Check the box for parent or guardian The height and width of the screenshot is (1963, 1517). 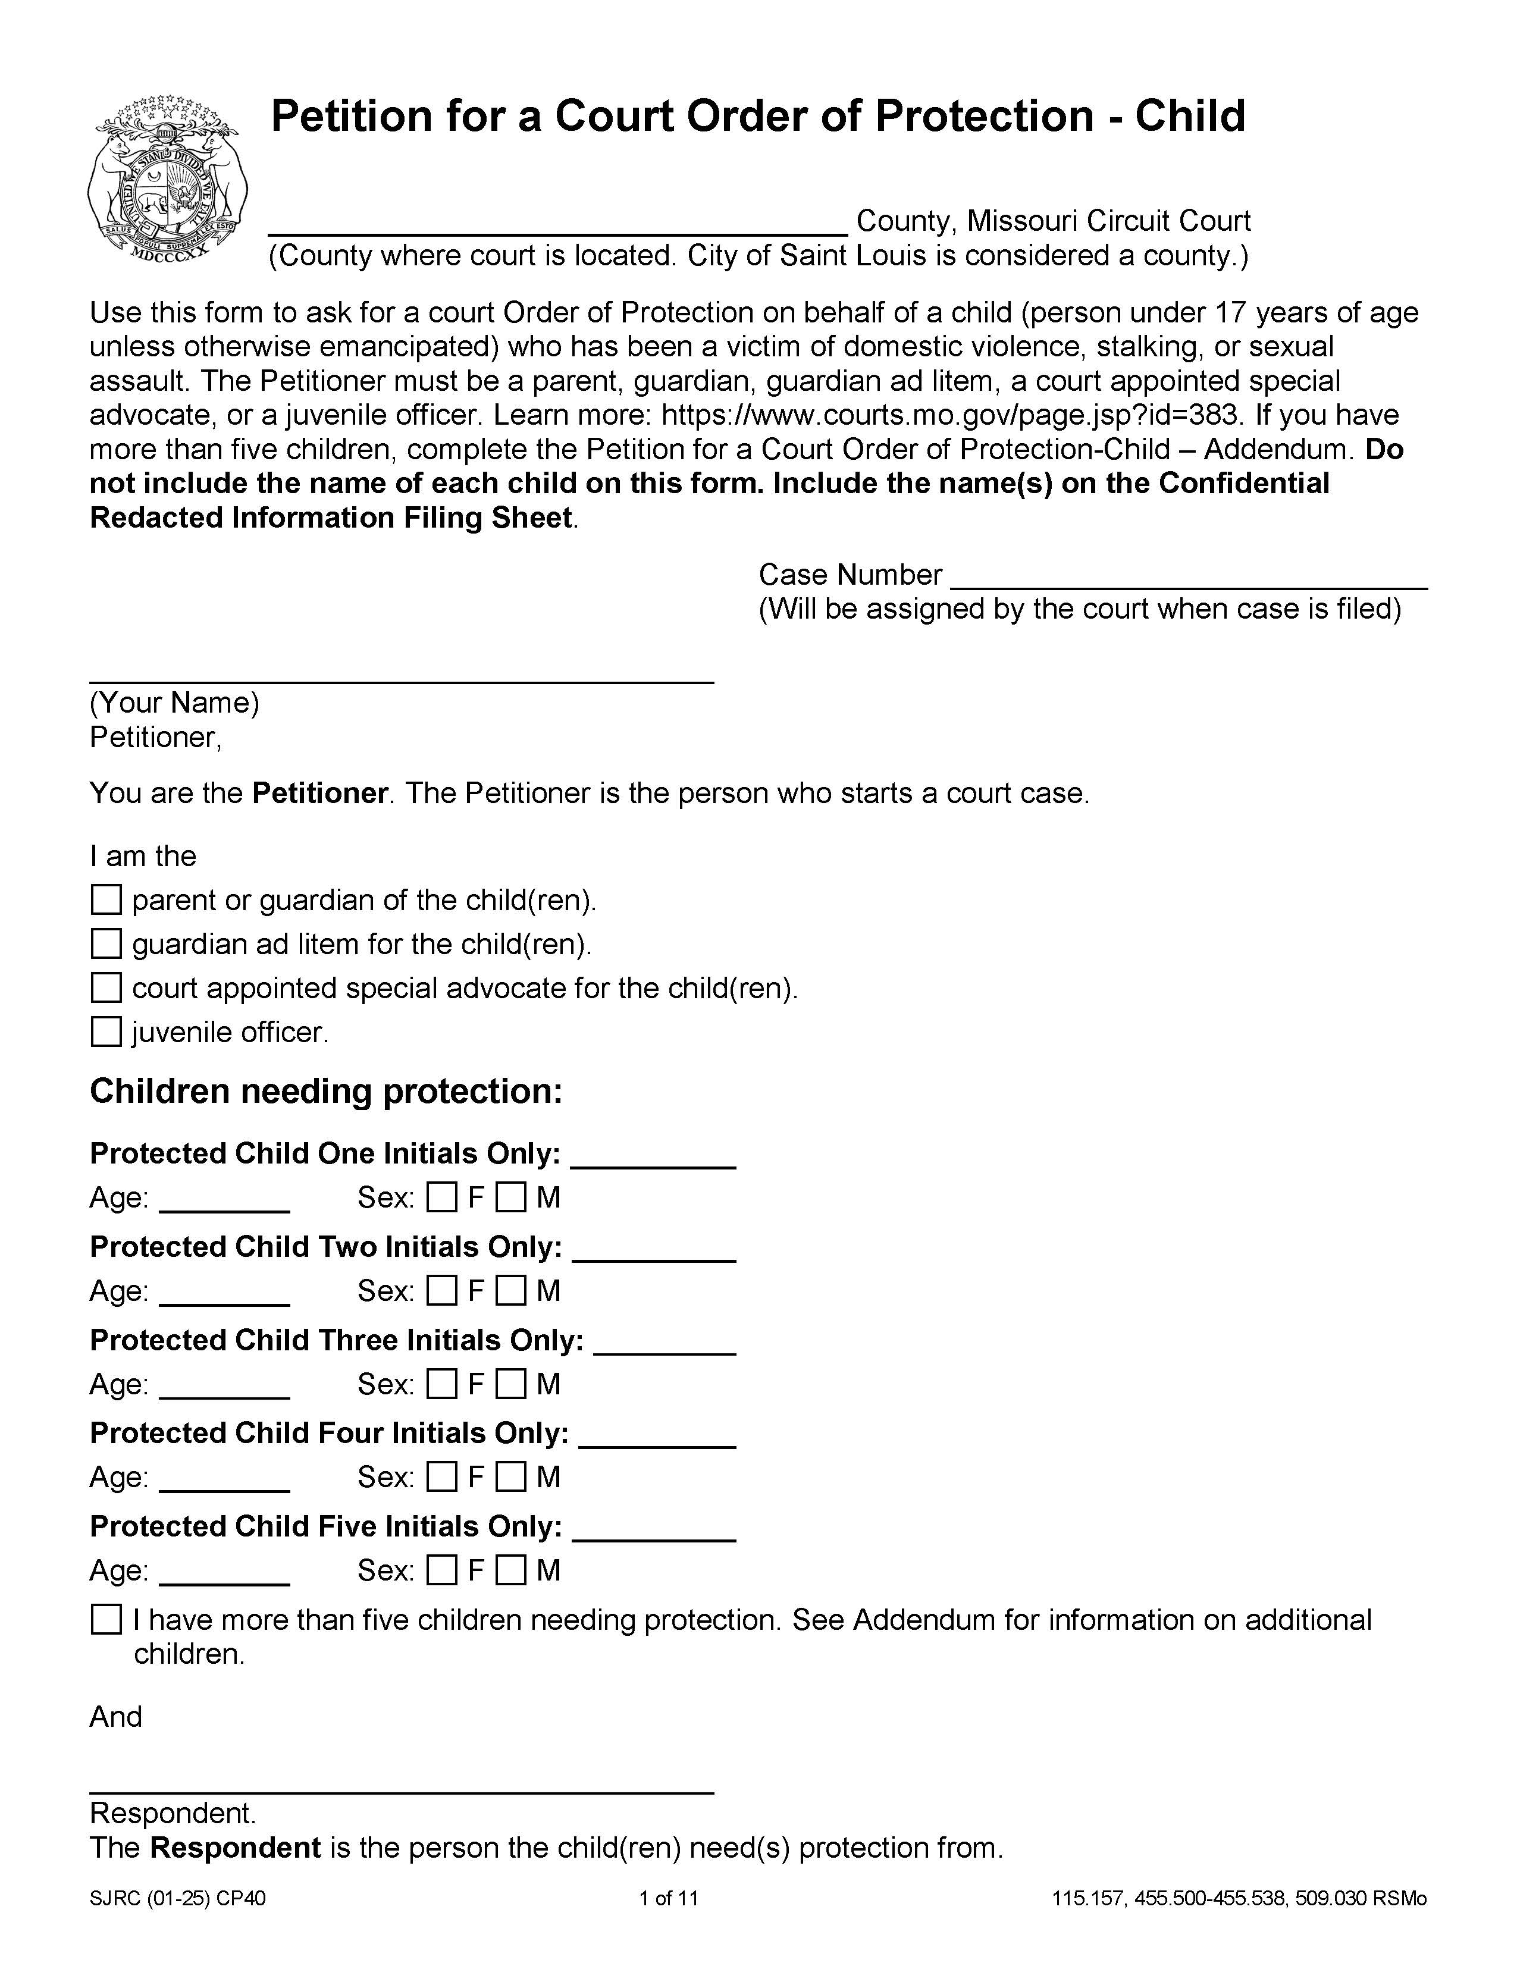106,899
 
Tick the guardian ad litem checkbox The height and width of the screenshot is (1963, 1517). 106,944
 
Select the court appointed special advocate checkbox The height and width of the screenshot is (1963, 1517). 106,988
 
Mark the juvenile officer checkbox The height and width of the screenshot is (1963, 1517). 106,1032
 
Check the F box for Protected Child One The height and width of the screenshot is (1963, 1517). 441,1197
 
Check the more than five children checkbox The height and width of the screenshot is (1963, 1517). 106,1620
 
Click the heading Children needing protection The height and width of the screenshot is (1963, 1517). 325,1091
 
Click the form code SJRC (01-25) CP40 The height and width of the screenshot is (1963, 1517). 177,1898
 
